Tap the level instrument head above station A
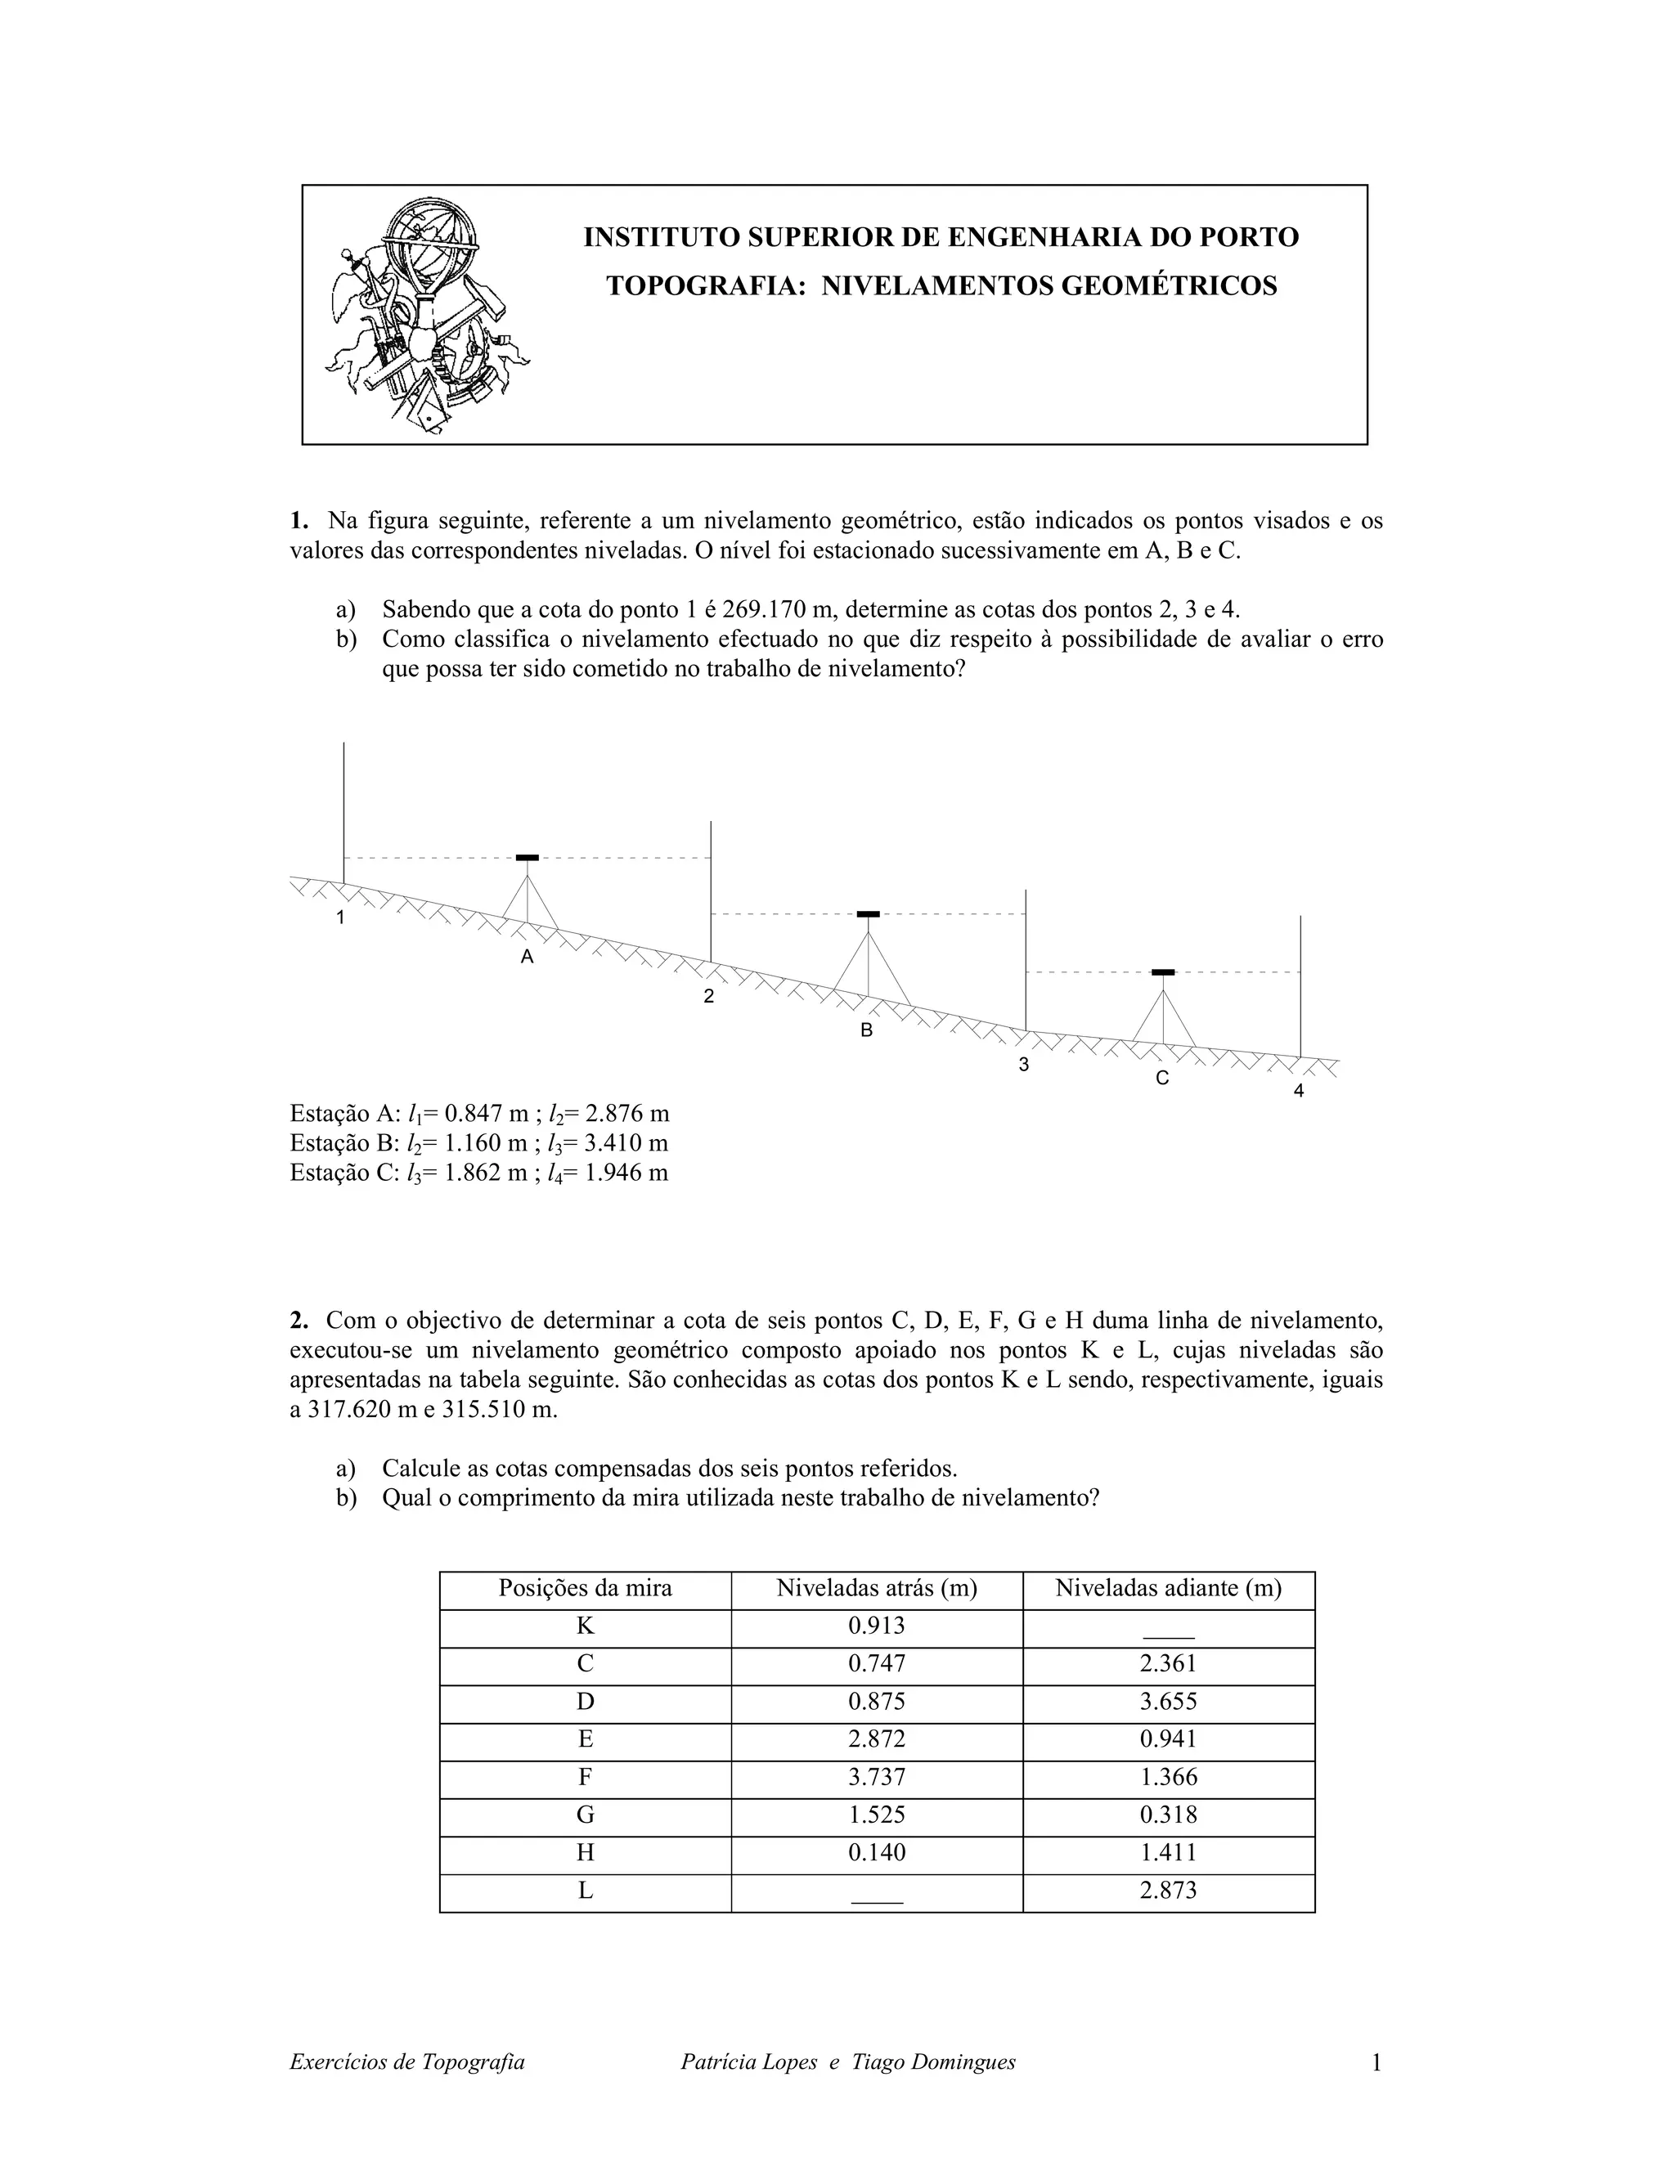(x=528, y=857)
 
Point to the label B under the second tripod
(x=866, y=1031)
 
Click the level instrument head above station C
(x=1163, y=972)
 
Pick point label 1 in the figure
(x=340, y=917)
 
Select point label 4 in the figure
(x=1298, y=1092)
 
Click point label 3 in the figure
(x=1023, y=1066)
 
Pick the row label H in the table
(x=586, y=1852)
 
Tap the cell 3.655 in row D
(x=1168, y=1702)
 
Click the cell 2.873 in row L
(x=1168, y=1890)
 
